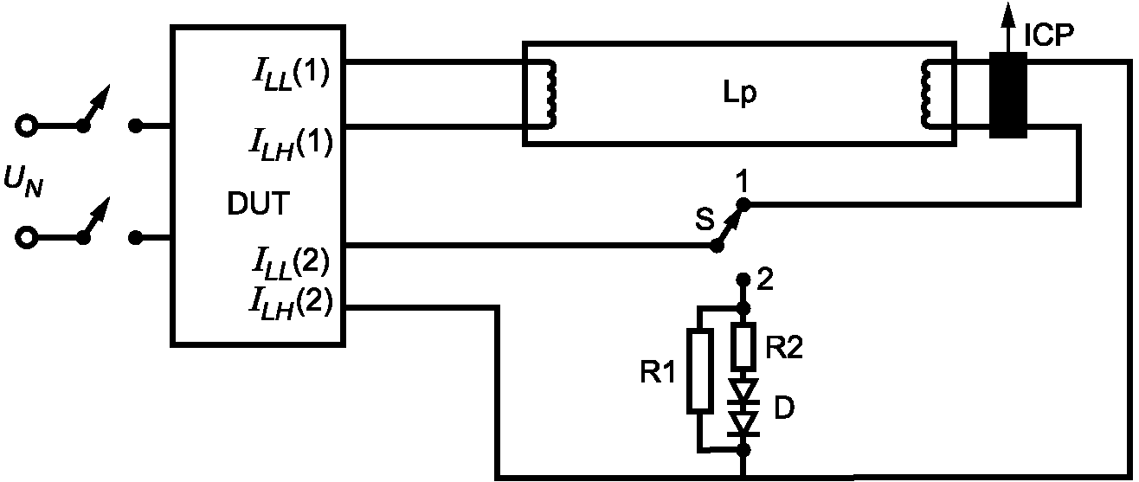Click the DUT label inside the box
pyautogui.click(x=258, y=203)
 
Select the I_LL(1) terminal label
pyautogui.click(x=291, y=76)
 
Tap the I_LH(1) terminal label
pyautogui.click(x=291, y=145)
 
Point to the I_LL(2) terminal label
pyautogui.click(x=291, y=263)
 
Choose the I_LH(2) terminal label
pyautogui.click(x=291, y=304)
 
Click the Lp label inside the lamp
pyautogui.click(x=740, y=94)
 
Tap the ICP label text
pyautogui.click(x=1048, y=35)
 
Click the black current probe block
pyautogui.click(x=1007, y=95)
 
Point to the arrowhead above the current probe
pyautogui.click(x=1007, y=14)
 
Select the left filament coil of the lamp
pyautogui.click(x=550, y=93)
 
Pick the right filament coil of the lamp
pyautogui.click(x=926, y=93)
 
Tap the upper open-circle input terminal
pyautogui.click(x=26, y=125)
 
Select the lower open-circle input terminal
pyautogui.click(x=26, y=237)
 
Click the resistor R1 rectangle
pyautogui.click(x=699, y=370)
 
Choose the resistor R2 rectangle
pyautogui.click(x=743, y=345)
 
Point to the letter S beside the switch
pyautogui.click(x=705, y=219)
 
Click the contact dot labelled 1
pyautogui.click(x=743, y=204)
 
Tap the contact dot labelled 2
pyautogui.click(x=743, y=280)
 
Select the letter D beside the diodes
pyautogui.click(x=784, y=408)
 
